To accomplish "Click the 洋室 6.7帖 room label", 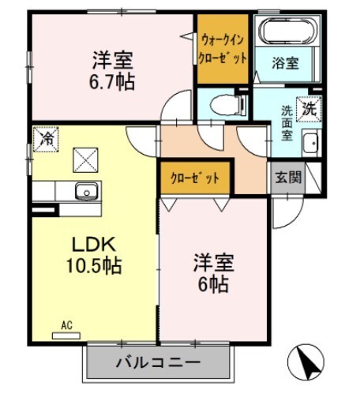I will pyautogui.click(x=111, y=69).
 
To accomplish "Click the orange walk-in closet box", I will pyautogui.click(x=223, y=49).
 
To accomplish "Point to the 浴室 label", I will pyautogui.click(x=285, y=63).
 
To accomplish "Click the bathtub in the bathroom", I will pyautogui.click(x=289, y=32).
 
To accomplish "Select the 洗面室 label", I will pyautogui.click(x=287, y=122).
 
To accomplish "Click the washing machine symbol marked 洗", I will pyautogui.click(x=311, y=109).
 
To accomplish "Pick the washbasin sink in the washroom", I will pyautogui.click(x=310, y=144).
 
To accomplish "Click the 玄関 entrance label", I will pyautogui.click(x=288, y=177).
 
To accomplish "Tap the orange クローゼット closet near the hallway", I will pyautogui.click(x=195, y=178).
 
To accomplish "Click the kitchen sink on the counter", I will pyautogui.click(x=84, y=190).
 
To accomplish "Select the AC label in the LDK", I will pyautogui.click(x=69, y=324).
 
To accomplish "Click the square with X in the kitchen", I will pyautogui.click(x=84, y=159).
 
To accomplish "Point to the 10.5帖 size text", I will pyautogui.click(x=92, y=266).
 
